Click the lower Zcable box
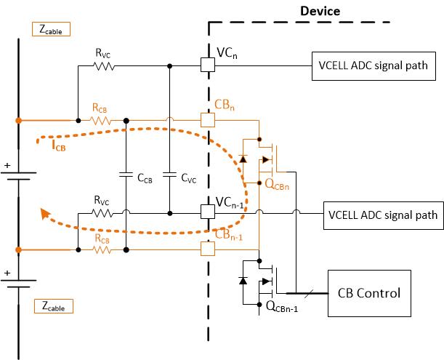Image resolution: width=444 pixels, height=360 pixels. [55, 307]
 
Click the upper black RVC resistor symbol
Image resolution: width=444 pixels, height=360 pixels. [103, 65]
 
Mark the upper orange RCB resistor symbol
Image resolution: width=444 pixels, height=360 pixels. [102, 119]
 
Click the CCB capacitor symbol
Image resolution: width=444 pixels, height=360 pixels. [126, 175]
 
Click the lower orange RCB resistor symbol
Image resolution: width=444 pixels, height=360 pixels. [102, 249]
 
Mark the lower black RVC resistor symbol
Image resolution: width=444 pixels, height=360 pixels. [103, 213]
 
